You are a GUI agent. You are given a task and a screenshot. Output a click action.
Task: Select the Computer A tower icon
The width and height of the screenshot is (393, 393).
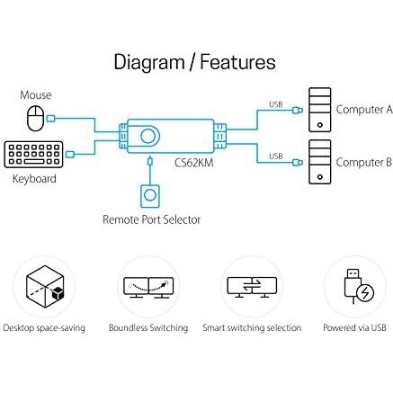pyautogui.click(x=318, y=109)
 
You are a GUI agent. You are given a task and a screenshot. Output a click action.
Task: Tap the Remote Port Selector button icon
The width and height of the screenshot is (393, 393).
pyautogui.click(x=150, y=196)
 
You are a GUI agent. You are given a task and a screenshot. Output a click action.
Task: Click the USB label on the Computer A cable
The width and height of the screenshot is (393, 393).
pyautogui.click(x=275, y=103)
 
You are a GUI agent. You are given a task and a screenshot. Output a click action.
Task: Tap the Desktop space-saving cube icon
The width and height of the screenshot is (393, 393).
pyautogui.click(x=44, y=287)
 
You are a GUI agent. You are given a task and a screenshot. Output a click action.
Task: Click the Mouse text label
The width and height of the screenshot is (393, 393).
pyautogui.click(x=36, y=94)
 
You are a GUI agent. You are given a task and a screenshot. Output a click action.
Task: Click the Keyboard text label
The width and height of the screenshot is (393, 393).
pyautogui.click(x=34, y=179)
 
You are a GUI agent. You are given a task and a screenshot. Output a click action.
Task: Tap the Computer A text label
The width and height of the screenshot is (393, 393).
pyautogui.click(x=363, y=111)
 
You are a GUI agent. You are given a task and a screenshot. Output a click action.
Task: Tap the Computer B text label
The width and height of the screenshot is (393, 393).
pyautogui.click(x=363, y=162)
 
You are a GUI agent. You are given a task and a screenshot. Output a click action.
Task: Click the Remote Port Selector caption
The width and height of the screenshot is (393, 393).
pyautogui.click(x=151, y=219)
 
